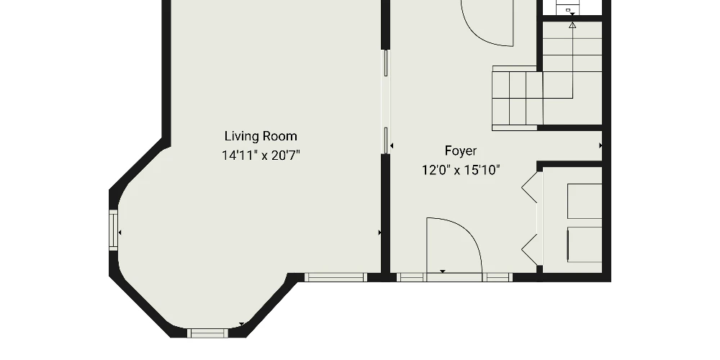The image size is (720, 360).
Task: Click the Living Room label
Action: coord(261,136)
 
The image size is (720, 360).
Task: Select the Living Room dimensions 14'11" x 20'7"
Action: coord(261,156)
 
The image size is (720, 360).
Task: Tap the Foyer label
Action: coord(461,151)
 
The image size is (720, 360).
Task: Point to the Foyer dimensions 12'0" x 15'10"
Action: coord(461,171)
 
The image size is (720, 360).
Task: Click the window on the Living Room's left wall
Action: coord(113,230)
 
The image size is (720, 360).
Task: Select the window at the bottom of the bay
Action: coord(207,333)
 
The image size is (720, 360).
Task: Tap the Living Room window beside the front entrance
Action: coord(336,277)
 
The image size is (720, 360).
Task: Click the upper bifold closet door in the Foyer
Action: coord(530,187)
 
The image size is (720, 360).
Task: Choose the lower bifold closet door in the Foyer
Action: coord(530,250)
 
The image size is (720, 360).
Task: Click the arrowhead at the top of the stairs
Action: coord(572,25)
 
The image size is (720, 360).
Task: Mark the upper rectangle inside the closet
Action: coord(585,201)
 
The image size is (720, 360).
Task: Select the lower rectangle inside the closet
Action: coord(585,245)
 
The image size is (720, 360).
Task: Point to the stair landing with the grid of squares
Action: coord(518,98)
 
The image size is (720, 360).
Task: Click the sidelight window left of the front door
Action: coord(411,277)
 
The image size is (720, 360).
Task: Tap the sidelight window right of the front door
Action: coord(497,277)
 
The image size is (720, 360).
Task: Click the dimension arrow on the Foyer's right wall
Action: coord(600,145)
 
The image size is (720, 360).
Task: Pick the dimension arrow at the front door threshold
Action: coord(443,272)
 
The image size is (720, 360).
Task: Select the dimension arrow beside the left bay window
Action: coord(120,233)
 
